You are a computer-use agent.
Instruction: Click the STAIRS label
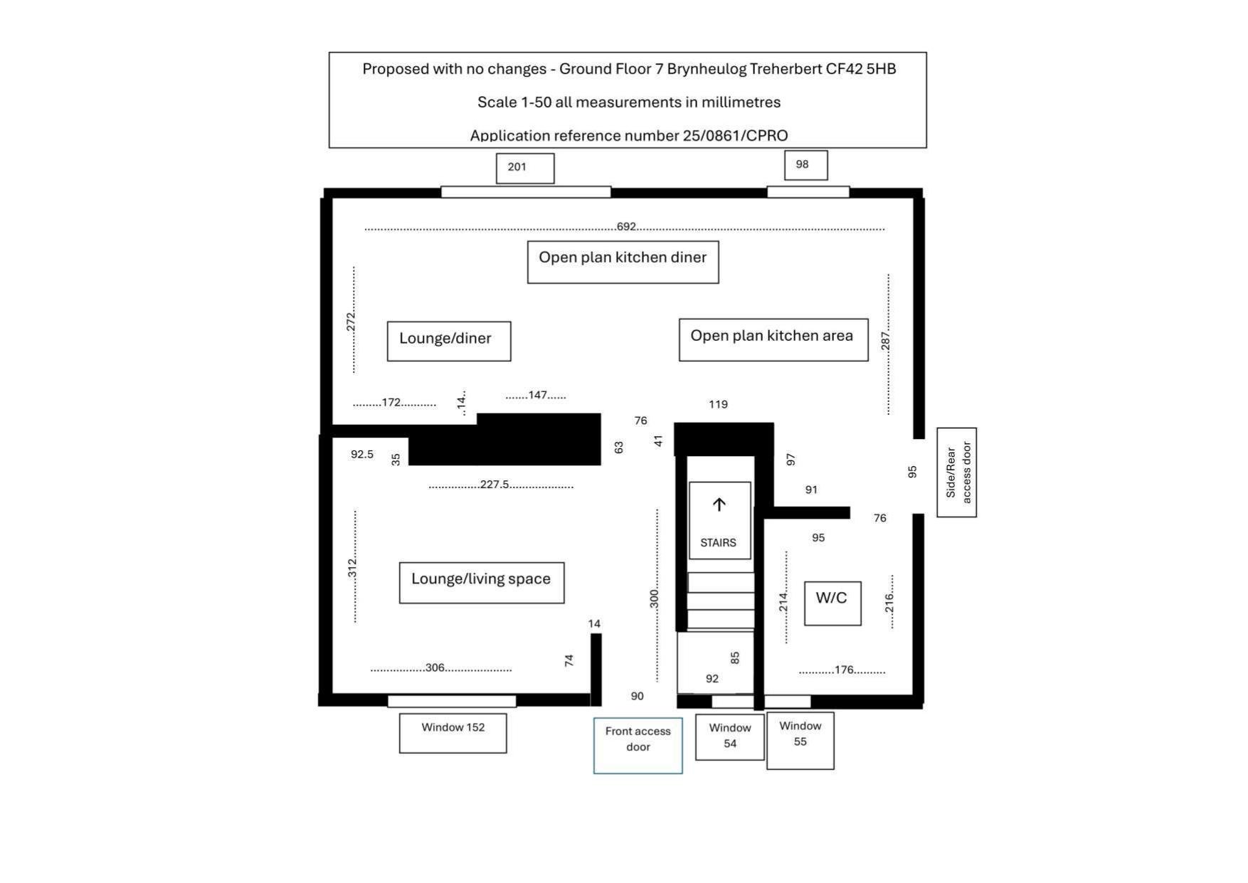click(x=718, y=543)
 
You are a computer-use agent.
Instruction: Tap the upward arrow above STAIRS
click(x=719, y=504)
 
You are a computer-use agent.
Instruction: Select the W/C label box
click(x=832, y=603)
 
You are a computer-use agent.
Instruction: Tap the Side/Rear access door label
click(x=957, y=472)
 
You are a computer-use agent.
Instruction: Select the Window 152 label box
click(x=453, y=731)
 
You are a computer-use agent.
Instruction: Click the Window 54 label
click(x=729, y=736)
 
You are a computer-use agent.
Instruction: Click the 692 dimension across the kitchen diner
click(x=626, y=227)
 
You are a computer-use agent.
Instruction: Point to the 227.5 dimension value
click(x=495, y=485)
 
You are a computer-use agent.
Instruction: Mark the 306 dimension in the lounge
click(x=435, y=667)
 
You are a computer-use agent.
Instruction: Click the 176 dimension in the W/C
click(x=844, y=670)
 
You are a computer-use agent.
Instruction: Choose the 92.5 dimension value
click(x=362, y=454)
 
